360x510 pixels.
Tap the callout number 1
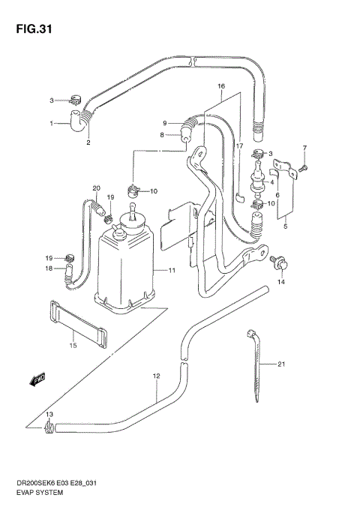(52, 123)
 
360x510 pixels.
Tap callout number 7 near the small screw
(304, 147)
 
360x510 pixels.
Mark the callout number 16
(222, 87)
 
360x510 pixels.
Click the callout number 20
(96, 187)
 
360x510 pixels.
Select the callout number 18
(48, 268)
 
